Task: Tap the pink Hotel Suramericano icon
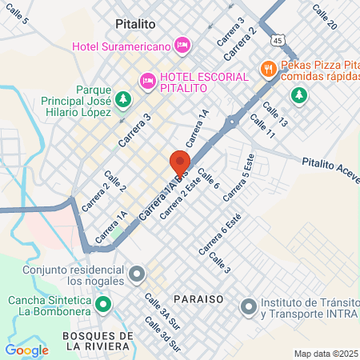[182, 44]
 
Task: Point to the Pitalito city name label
[134, 25]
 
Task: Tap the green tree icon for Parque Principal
[122, 99]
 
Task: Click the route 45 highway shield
[277, 39]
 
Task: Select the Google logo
[26, 350]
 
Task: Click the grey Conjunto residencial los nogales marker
[137, 274]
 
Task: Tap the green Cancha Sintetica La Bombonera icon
[103, 304]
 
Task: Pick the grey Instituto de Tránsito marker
[249, 305]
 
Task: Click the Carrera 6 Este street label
[220, 238]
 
